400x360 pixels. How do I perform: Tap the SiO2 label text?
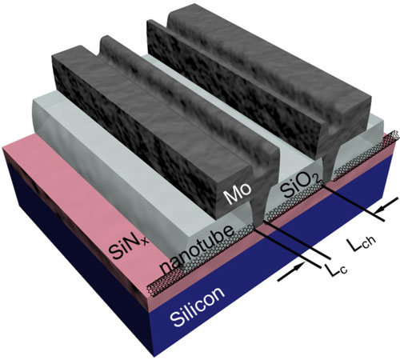[x=300, y=186]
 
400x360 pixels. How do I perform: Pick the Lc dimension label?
[x=335, y=270]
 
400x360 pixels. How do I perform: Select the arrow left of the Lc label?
[x=291, y=271]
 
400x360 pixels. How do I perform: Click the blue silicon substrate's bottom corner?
[x=155, y=357]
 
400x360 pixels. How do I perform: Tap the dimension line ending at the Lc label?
[x=287, y=247]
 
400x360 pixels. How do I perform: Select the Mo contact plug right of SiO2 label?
[x=329, y=166]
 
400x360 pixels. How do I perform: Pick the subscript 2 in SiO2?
[x=317, y=181]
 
